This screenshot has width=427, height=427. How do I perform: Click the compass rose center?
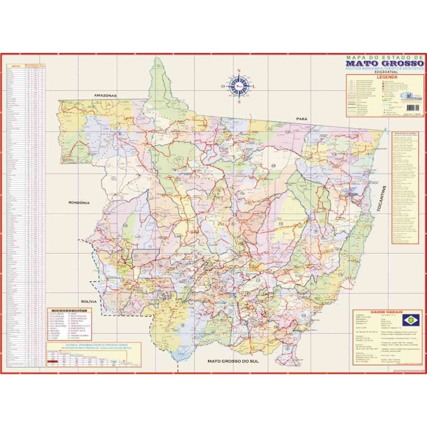239,86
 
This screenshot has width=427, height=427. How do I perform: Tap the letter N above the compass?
239,70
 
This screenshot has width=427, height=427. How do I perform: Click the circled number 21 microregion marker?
136,256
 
